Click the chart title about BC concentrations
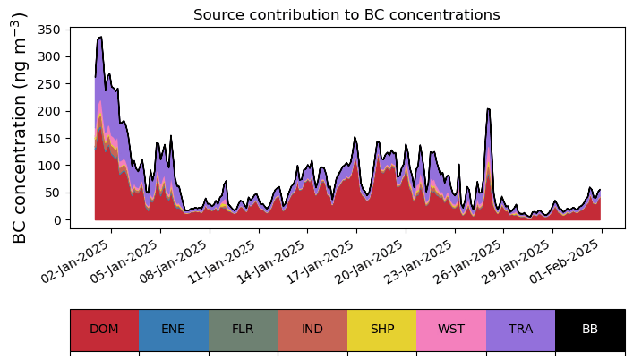tap(346, 14)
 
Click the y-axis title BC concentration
tap(20, 128)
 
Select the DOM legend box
tap(105, 330)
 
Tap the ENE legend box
tap(174, 330)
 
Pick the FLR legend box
tap(243, 330)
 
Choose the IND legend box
tap(312, 330)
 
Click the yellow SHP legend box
tap(381, 330)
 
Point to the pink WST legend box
tap(451, 330)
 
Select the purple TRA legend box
tap(520, 330)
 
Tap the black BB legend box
tap(590, 330)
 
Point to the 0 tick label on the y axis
tap(56, 220)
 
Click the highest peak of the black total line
tap(100, 37)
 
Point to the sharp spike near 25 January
tap(488, 109)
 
